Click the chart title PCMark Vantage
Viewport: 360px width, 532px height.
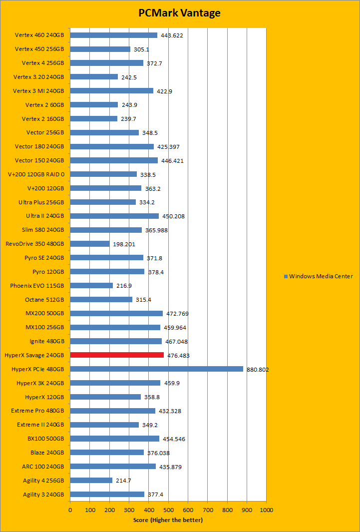(x=179, y=13)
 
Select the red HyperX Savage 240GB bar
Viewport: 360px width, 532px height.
(x=117, y=355)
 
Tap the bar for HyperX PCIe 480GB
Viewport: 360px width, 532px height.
(x=156, y=369)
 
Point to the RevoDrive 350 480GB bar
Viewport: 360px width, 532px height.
(x=89, y=244)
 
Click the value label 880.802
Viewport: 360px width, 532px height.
(x=258, y=370)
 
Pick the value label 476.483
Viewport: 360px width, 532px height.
(x=178, y=356)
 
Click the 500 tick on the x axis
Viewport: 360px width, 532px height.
(x=168, y=510)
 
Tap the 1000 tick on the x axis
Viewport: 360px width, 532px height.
(x=266, y=510)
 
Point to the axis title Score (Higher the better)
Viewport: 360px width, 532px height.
(x=168, y=520)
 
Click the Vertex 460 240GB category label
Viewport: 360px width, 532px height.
(x=39, y=35)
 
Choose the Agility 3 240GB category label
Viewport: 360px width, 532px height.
(x=43, y=495)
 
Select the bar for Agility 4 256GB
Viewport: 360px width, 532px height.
(x=91, y=481)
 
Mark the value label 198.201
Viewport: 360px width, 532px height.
(x=124, y=244)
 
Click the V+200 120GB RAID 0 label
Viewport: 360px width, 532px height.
(x=36, y=174)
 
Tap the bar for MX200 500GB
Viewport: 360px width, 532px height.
(x=116, y=313)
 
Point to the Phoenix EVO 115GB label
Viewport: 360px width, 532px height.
(x=37, y=286)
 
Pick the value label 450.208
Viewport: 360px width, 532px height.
(x=173, y=216)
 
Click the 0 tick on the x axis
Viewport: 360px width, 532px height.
(x=70, y=510)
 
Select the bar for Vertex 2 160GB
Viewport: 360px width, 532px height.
(x=93, y=118)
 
